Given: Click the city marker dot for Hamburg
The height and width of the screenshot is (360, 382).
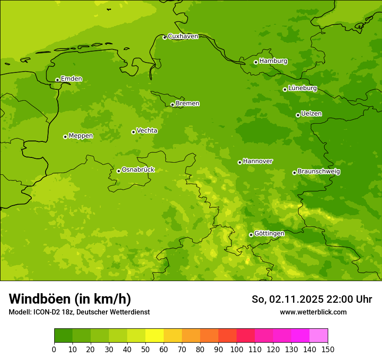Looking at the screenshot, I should (256, 62).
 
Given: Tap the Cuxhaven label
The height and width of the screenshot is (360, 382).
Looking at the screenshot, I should (183, 36).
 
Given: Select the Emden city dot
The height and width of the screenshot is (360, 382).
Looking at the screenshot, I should (57, 80).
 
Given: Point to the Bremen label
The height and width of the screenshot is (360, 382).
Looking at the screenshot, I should (188, 104).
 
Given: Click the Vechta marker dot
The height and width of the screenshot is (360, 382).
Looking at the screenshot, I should (133, 132).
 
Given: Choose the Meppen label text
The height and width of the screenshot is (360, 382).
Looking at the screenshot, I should (81, 136).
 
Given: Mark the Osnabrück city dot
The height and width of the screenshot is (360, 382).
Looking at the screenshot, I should (119, 171).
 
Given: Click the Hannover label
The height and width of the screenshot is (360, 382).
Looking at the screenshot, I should (258, 161).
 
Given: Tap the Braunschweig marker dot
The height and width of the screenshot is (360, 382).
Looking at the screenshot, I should (294, 173).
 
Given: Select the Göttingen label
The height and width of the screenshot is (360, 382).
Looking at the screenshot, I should (269, 234).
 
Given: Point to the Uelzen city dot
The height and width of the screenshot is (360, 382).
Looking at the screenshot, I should (298, 115).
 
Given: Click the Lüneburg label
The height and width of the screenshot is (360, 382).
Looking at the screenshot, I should (303, 88).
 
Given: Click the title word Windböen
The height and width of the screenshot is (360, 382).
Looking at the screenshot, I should (40, 299).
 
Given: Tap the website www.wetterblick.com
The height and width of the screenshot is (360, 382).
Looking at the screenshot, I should (313, 312).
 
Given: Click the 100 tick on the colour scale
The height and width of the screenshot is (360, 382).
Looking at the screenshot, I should (237, 349).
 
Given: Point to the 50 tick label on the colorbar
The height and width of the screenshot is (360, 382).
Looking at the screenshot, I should (145, 349).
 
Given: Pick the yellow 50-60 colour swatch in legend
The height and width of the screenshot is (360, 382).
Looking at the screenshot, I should (155, 336).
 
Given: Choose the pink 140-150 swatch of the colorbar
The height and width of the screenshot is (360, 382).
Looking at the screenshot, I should (319, 336).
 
